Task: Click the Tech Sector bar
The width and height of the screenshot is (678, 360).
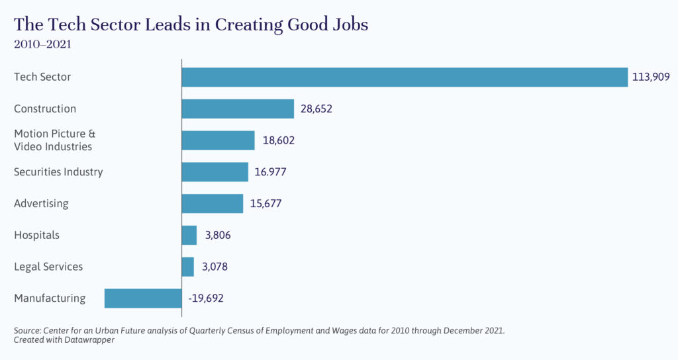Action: click(x=405, y=77)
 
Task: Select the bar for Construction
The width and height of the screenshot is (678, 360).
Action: click(x=238, y=109)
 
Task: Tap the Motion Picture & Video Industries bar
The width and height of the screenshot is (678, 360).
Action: click(x=218, y=140)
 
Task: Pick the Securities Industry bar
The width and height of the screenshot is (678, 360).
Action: click(x=215, y=172)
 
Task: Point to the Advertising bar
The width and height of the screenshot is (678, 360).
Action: click(x=213, y=203)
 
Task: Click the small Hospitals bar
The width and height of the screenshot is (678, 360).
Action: click(x=189, y=235)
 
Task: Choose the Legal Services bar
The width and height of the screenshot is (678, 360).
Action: click(x=188, y=267)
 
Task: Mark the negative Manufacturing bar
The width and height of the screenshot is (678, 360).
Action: click(x=143, y=298)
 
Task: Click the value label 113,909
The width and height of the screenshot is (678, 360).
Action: click(x=652, y=77)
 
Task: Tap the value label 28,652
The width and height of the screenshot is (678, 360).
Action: click(x=316, y=109)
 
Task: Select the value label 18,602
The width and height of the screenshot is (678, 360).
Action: click(x=277, y=140)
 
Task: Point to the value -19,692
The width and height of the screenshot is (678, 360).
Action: click(x=205, y=298)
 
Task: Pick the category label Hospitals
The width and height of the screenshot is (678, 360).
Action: click(x=36, y=235)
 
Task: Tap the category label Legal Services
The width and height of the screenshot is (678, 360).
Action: click(x=48, y=267)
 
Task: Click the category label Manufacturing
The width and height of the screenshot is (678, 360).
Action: click(x=50, y=298)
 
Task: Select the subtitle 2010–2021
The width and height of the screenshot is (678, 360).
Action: click(x=42, y=45)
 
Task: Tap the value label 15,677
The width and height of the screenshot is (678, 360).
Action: click(x=266, y=203)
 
